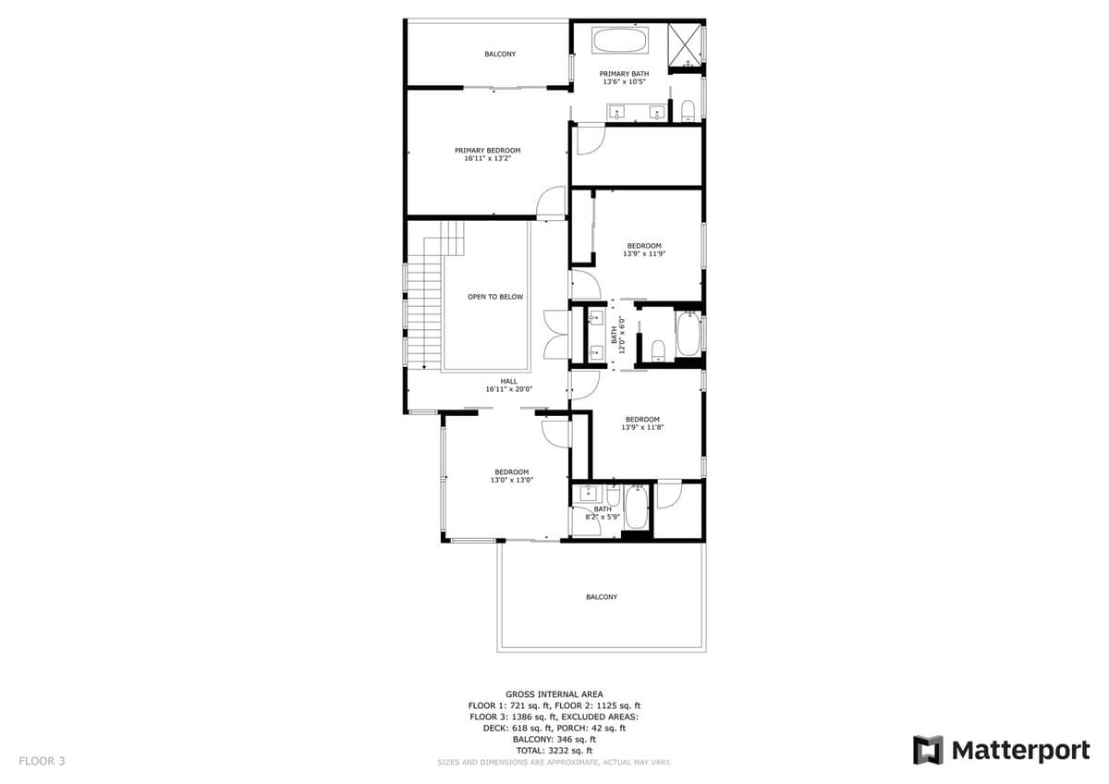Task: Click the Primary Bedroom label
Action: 488,154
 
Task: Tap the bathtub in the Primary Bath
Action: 620,40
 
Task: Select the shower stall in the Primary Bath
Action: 685,44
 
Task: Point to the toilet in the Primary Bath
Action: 689,111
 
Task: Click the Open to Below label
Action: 495,297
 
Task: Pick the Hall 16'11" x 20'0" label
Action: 509,386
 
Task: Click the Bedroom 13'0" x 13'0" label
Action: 511,476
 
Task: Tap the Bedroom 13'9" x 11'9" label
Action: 644,250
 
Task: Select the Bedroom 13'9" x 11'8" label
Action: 642,423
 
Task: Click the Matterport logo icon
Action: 928,750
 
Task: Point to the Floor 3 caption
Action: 42,761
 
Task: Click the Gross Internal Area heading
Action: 554,694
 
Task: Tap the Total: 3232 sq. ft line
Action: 554,751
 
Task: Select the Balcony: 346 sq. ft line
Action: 554,740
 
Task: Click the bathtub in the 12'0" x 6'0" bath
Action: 689,334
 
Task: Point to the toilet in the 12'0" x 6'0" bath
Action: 658,350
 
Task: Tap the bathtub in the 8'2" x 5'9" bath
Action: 636,508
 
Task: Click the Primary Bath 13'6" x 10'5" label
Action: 624,78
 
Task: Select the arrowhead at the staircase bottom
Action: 424,367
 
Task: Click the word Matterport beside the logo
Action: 1020,751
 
